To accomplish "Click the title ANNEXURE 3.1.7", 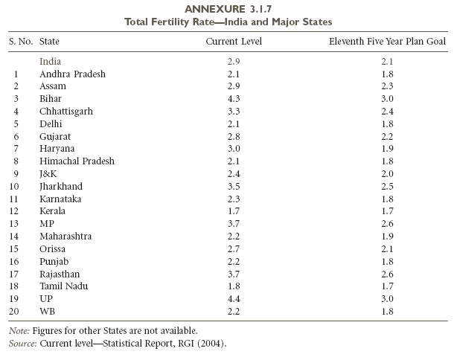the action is (228, 9).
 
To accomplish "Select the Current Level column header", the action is (234, 42).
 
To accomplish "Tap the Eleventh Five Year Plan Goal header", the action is (387, 42).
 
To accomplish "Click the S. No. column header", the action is (21, 42).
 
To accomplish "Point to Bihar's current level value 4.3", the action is (234, 99).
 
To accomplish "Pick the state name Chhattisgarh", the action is (66, 112).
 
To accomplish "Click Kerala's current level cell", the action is (234, 211).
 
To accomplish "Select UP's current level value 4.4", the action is (234, 299).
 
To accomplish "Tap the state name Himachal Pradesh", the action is (77, 161).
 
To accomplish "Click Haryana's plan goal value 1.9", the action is (388, 149).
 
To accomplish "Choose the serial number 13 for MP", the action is (14, 224).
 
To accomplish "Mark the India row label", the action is (50, 61).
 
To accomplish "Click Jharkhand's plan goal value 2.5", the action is (388, 186).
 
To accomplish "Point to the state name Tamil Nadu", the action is (64, 286).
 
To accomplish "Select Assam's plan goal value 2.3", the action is (388, 86).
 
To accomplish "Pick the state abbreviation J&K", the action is (48, 174).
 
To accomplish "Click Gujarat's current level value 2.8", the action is (234, 136).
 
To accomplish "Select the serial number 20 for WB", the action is (14, 312).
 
